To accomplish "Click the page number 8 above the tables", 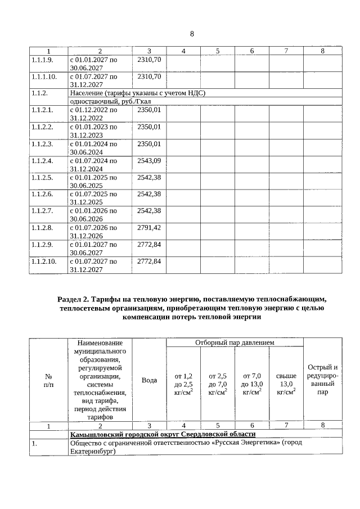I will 192,34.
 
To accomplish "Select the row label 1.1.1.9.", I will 42,59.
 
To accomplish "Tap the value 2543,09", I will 149,161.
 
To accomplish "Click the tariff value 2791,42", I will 149,228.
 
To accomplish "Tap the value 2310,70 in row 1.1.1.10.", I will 149,76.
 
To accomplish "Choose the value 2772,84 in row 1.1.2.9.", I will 149,245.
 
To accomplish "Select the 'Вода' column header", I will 149,380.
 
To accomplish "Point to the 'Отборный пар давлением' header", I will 235,342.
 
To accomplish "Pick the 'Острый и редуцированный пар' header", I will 322,380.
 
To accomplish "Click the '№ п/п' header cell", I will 48,380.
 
